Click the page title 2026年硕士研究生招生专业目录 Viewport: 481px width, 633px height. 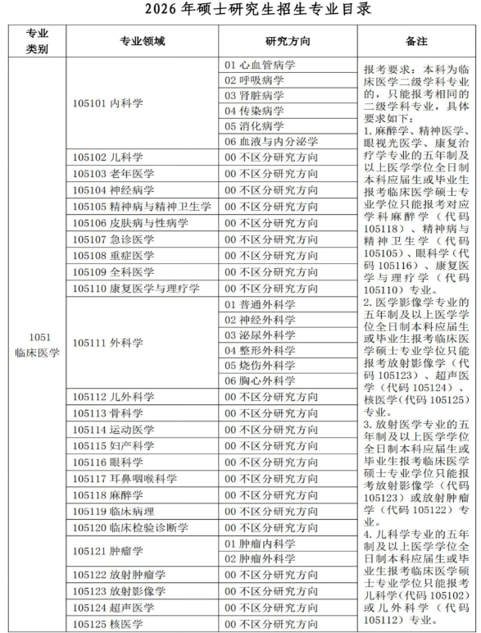(240, 10)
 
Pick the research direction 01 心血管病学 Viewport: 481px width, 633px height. (260, 65)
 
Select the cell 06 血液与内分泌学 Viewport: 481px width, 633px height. (271, 142)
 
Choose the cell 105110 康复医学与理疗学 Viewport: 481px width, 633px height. (136, 288)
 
